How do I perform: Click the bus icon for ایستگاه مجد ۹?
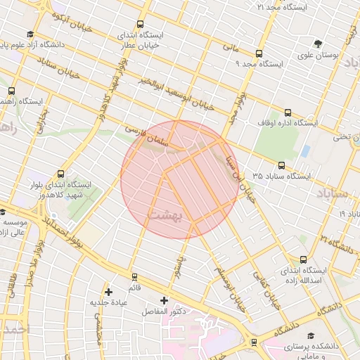click(259, 53)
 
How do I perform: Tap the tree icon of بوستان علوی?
click(319, 44)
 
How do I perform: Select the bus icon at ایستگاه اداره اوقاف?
click(287, 112)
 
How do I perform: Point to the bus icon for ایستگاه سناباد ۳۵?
click(282, 165)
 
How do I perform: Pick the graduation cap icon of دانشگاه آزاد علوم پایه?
click(30, 34)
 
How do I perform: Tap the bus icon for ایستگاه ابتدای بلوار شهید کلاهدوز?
click(60, 174)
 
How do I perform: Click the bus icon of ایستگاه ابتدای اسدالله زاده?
click(303, 259)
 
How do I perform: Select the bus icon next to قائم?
click(131, 276)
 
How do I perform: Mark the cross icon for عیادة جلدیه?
click(108, 291)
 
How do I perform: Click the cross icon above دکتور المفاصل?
click(164, 300)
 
